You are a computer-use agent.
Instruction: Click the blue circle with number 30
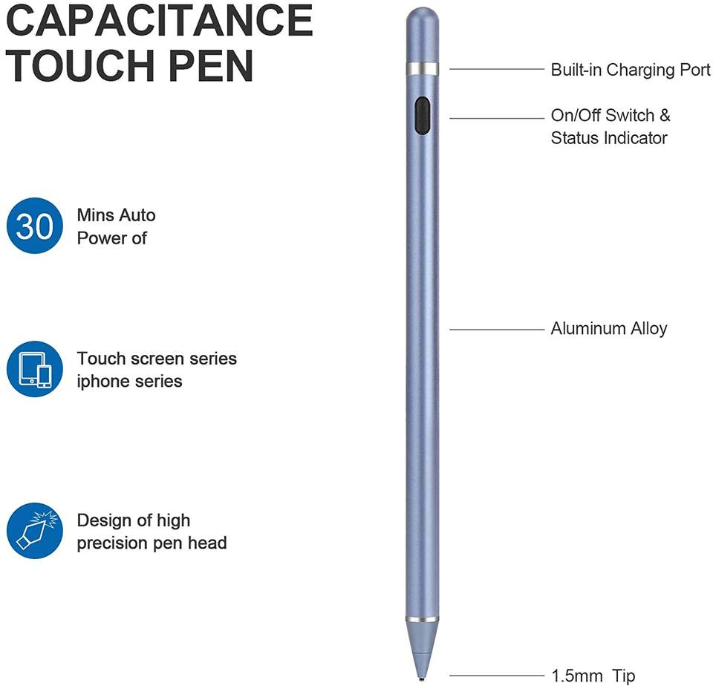(x=35, y=226)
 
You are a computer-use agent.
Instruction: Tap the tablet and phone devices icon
(x=35, y=369)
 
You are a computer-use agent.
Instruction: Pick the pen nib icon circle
(x=35, y=530)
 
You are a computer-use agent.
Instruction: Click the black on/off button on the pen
(x=422, y=115)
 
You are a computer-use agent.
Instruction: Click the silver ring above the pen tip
(x=422, y=619)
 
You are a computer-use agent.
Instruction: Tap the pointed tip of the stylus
(x=422, y=675)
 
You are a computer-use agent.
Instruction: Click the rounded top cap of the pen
(x=422, y=22)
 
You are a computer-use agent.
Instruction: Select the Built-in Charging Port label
(x=631, y=70)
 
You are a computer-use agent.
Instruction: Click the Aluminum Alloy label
(x=609, y=328)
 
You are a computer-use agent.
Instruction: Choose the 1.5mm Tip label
(x=593, y=676)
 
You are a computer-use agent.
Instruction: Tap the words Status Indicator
(x=609, y=138)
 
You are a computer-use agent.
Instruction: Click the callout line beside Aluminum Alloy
(x=497, y=329)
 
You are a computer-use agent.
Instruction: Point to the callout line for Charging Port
(x=497, y=70)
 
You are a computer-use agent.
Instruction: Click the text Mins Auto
(x=117, y=215)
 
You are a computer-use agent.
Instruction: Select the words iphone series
(x=130, y=382)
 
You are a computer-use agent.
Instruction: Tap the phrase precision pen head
(x=152, y=543)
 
